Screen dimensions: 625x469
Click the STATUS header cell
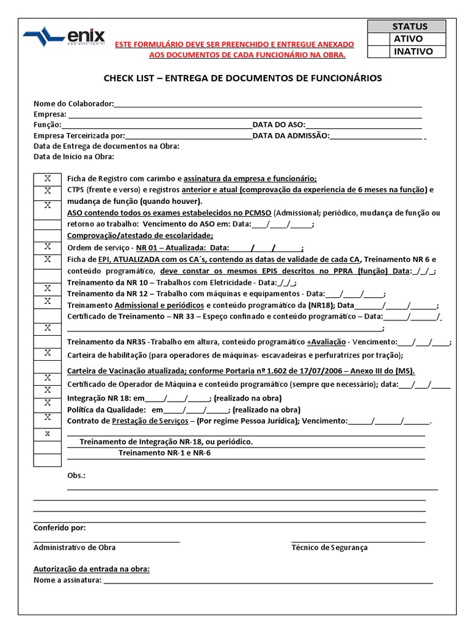pyautogui.click(x=410, y=26)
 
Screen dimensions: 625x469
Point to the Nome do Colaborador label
pyautogui.click(x=73, y=104)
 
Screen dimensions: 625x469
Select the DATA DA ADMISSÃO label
pyautogui.click(x=291, y=135)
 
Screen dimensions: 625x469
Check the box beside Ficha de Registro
pyautogui.click(x=47, y=178)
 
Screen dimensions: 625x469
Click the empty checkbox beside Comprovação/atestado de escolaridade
pyautogui.click(x=47, y=235)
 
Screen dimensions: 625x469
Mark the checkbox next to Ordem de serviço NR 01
pyautogui.click(x=47, y=247)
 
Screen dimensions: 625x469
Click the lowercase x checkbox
pyautogui.click(x=47, y=433)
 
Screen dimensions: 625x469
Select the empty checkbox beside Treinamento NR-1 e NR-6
pyautogui.click(x=47, y=460)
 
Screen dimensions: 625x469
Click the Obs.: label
pyautogui.click(x=76, y=475)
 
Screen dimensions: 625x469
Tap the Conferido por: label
pyautogui.click(x=59, y=528)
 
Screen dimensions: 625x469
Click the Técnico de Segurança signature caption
pyautogui.click(x=329, y=547)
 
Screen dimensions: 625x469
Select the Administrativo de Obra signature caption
pyautogui.click(x=74, y=547)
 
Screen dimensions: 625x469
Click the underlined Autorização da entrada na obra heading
pyautogui.click(x=91, y=569)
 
